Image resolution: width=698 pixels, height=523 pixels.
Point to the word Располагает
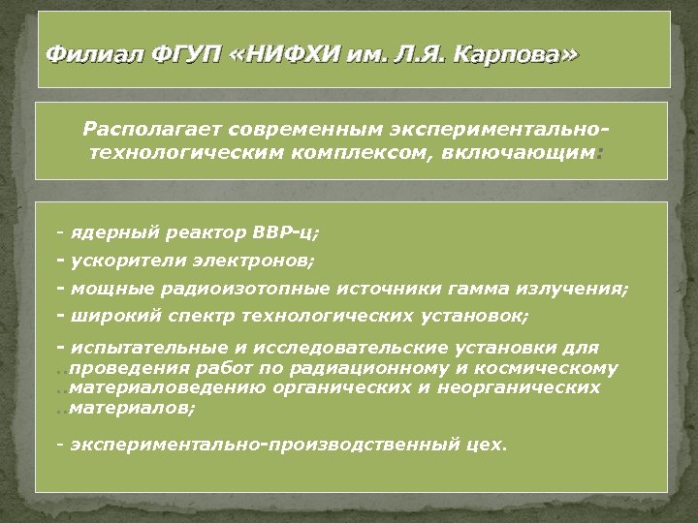coord(144,129)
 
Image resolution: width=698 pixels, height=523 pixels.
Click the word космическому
coord(556,368)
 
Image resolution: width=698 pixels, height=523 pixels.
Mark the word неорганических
coord(534,387)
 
